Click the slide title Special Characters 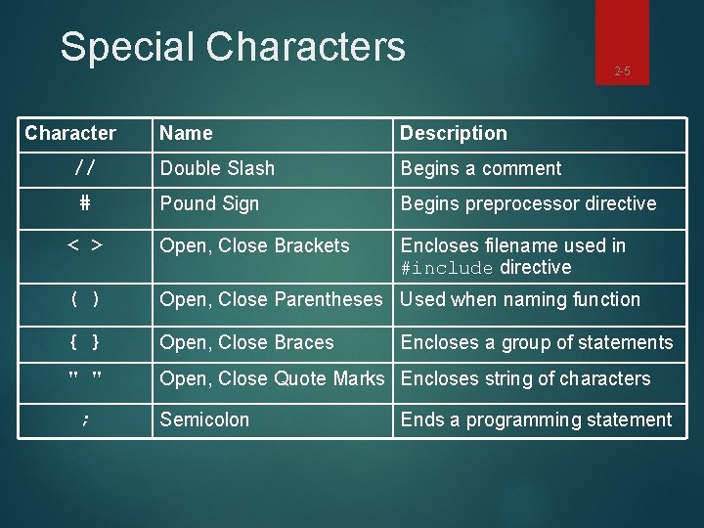(232, 46)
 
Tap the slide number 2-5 (622, 70)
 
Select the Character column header (70, 133)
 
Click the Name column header (187, 133)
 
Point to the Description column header (454, 133)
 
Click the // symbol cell (85, 168)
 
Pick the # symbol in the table (85, 203)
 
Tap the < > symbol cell (85, 244)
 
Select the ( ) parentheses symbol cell (85, 300)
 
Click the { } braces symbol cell (85, 342)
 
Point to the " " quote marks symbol (85, 378)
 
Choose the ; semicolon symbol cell (85, 420)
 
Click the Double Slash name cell (217, 168)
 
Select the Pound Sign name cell (209, 203)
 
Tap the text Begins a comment (481, 168)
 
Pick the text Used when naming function (520, 300)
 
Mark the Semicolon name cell (204, 420)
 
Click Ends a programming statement (536, 420)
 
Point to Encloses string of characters (526, 378)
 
